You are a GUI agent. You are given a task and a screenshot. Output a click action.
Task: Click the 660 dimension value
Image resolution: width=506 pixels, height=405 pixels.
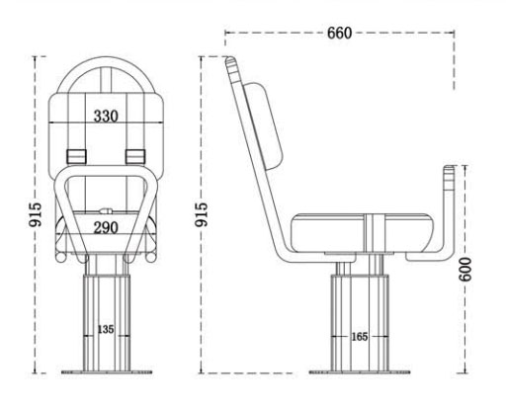(x=339, y=33)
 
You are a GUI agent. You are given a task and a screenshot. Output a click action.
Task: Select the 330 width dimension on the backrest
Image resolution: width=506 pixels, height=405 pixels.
(x=107, y=116)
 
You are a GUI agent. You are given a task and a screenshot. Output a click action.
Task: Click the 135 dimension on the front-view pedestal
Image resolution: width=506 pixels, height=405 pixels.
(x=105, y=328)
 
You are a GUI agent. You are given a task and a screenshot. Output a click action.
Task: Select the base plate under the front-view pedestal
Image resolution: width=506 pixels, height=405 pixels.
(x=105, y=372)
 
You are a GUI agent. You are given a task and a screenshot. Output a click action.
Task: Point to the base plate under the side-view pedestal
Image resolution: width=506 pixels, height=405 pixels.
(x=361, y=372)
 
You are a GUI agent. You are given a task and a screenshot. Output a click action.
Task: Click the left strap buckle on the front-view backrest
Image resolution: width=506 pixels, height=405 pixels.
(x=74, y=156)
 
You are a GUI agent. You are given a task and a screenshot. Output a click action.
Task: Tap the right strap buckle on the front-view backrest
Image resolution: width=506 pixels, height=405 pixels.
(x=136, y=156)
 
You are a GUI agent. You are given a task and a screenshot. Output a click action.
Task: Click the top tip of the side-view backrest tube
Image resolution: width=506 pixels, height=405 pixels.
(x=232, y=62)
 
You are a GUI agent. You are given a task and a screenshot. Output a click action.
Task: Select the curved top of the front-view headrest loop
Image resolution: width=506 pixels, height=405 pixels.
(x=106, y=66)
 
